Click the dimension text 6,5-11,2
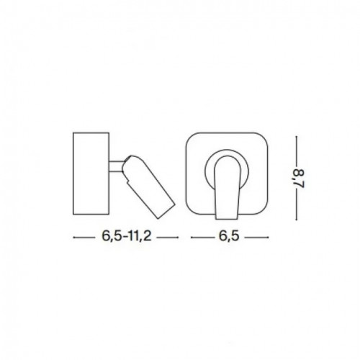(x=114, y=236)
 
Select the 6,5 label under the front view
(x=230, y=236)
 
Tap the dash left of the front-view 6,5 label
(x=202, y=236)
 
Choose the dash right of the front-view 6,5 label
(x=257, y=236)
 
